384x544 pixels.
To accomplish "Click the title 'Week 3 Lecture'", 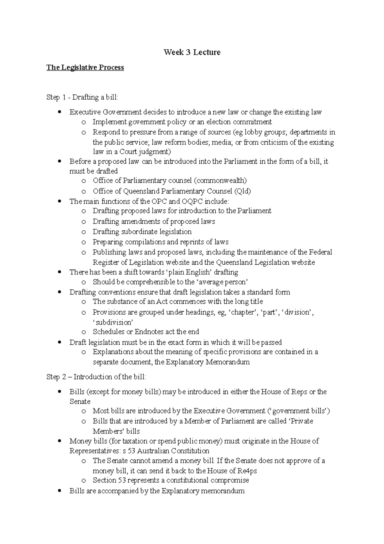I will click(x=192, y=52).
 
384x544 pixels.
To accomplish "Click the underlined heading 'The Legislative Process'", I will click(x=85, y=68).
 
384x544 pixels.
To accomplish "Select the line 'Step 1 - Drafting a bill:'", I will click(x=82, y=97).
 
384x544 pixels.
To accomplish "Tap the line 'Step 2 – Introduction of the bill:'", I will click(x=96, y=377).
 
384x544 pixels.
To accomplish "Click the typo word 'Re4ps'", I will click(x=247, y=471).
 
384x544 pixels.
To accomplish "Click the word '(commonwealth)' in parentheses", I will click(x=220, y=180).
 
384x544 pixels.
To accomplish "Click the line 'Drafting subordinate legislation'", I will click(x=142, y=232).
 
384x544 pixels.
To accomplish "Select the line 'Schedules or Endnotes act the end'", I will click(x=146, y=332).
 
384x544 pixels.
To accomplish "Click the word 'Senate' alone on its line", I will click(x=80, y=401).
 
